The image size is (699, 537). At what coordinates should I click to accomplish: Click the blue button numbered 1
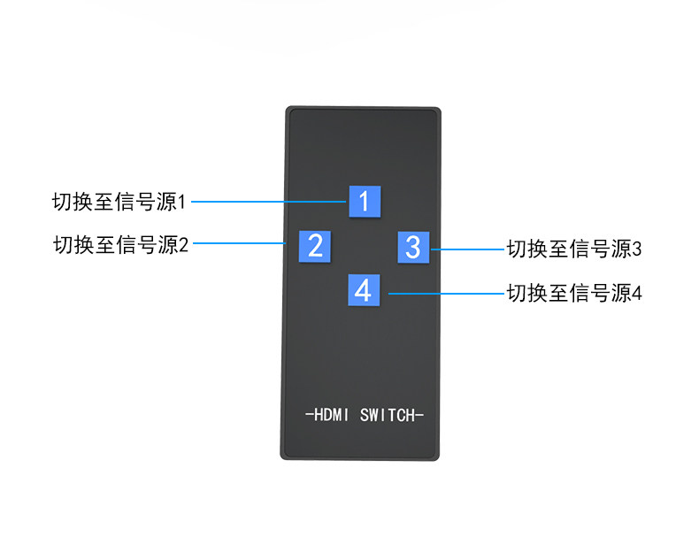coord(365,200)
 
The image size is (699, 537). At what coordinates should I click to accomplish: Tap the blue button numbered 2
coord(314,245)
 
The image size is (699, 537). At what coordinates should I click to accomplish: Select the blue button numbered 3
coord(412,247)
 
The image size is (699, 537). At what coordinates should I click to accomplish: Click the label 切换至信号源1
coord(119,202)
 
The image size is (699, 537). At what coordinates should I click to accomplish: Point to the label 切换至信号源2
coord(121,244)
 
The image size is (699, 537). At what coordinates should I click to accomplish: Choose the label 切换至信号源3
coord(573,249)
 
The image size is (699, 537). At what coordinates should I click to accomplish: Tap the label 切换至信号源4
coord(573,292)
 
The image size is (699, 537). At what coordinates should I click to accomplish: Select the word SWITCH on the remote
coord(388,415)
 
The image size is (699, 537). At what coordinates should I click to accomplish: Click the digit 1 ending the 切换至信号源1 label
coord(182,202)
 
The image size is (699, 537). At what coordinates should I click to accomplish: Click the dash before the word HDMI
coord(307,415)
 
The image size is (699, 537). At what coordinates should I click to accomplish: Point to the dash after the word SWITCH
coord(420,415)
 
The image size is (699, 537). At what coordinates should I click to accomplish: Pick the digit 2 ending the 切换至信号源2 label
coord(183,244)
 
